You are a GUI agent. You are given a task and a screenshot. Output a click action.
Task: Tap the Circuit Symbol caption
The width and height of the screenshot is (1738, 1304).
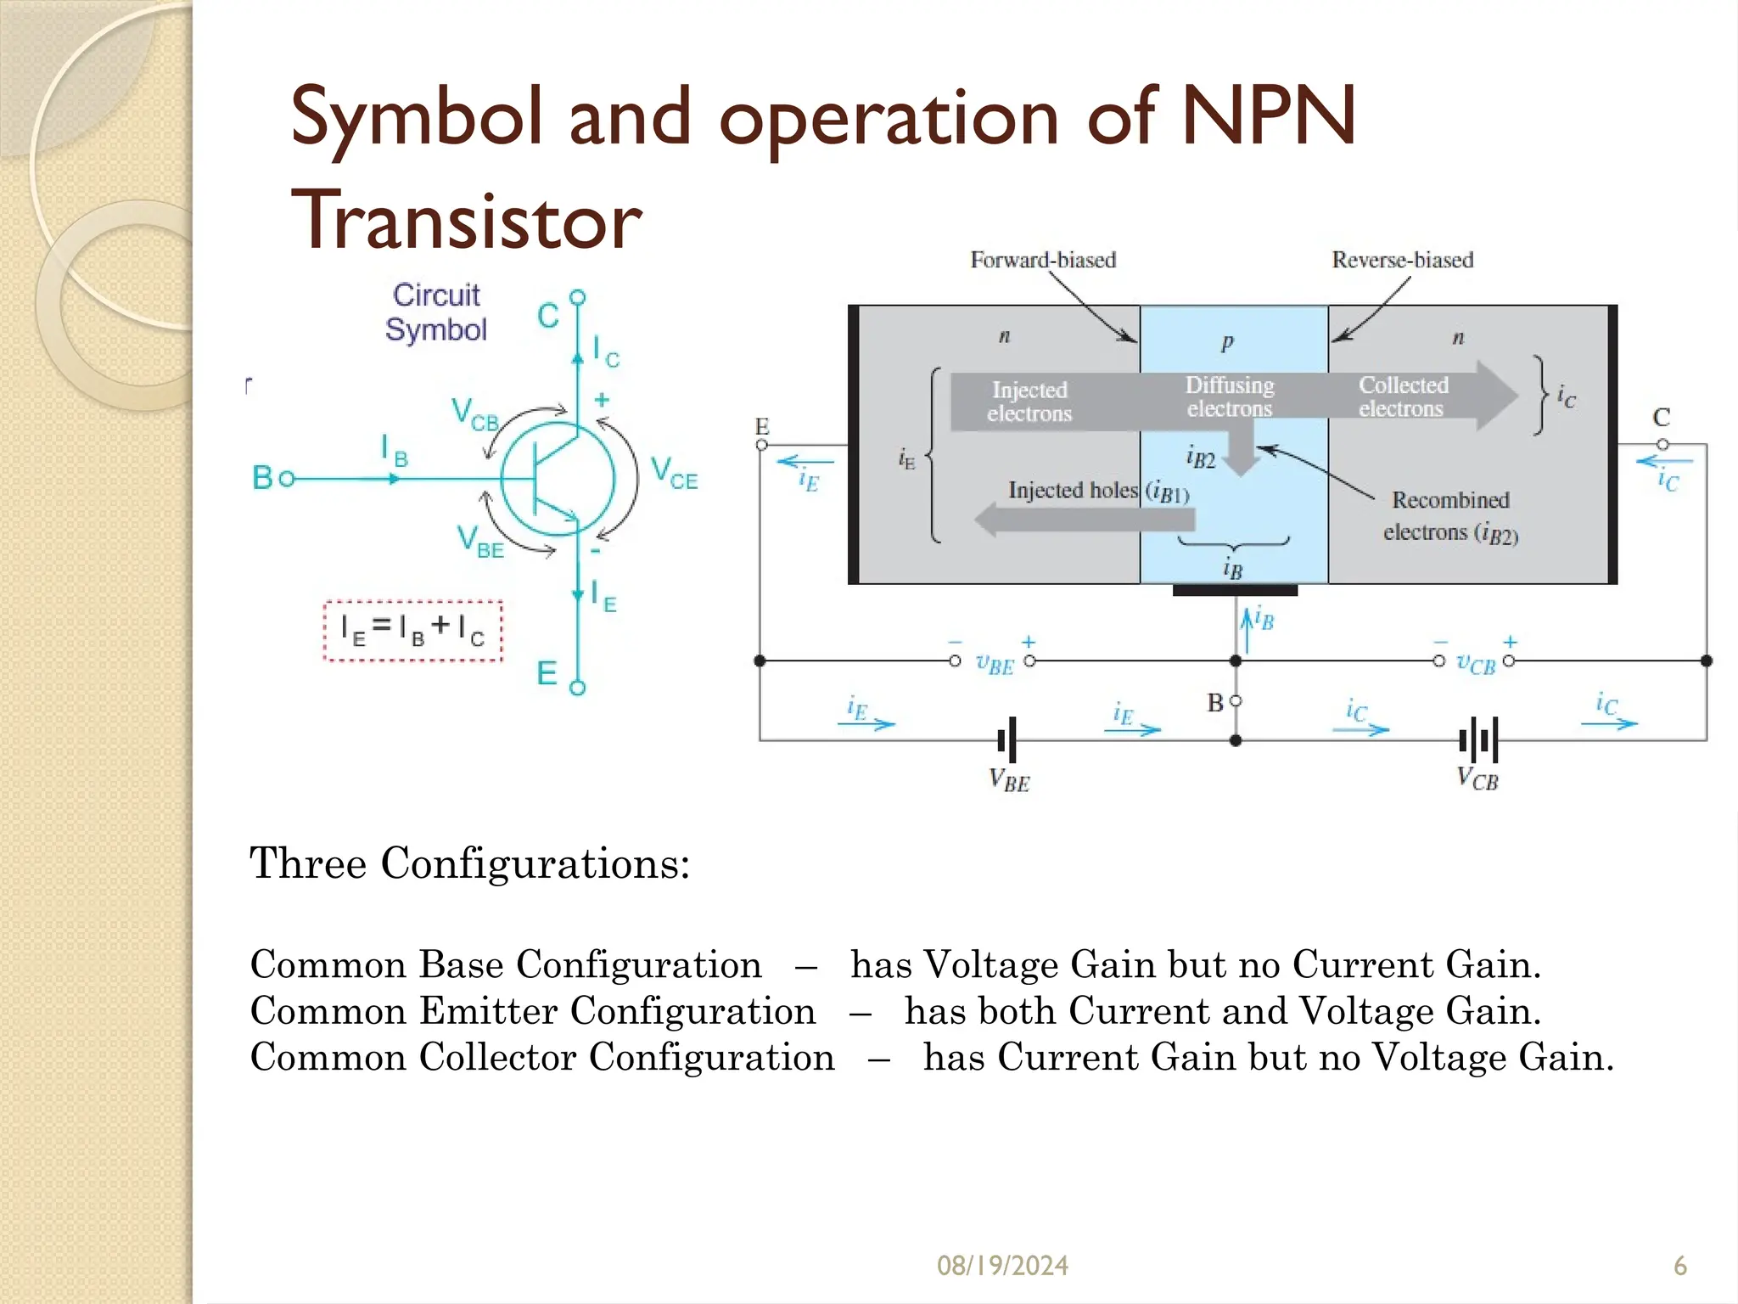point(436,312)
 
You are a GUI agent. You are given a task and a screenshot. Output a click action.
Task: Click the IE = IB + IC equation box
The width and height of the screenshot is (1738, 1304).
point(412,630)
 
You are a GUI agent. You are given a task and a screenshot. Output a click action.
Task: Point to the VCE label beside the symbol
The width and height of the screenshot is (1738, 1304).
point(675,473)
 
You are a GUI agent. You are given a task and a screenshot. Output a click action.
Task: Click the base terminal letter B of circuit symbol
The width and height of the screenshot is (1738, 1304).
point(262,478)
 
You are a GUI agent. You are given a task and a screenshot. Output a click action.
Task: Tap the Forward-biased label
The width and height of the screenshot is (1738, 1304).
point(1043,260)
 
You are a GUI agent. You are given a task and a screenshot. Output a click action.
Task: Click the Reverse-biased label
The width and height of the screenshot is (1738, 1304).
point(1402,260)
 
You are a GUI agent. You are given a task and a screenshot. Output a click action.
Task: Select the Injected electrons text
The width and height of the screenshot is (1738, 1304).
point(1029,402)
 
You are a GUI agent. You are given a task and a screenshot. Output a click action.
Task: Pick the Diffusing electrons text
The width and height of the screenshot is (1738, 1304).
point(1230,396)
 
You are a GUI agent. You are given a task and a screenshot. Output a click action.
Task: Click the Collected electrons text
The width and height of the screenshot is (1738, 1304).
point(1403,396)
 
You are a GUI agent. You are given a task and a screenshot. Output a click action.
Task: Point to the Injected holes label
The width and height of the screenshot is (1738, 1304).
point(1073,490)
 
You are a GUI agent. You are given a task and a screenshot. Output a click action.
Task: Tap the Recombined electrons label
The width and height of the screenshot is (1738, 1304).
point(1450,515)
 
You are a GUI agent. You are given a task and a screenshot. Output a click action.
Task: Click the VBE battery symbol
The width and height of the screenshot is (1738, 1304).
point(1007,740)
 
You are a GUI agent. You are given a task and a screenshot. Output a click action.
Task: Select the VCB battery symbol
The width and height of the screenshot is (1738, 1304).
point(1478,740)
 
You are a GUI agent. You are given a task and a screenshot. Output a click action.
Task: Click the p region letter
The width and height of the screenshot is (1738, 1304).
point(1227,342)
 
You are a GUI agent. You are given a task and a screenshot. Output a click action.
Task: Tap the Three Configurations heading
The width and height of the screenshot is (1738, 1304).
point(469,863)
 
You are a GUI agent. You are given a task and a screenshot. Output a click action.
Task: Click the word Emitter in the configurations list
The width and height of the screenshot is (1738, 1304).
point(488,1011)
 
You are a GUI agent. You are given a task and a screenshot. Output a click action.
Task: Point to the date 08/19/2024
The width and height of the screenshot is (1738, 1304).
point(1002,1266)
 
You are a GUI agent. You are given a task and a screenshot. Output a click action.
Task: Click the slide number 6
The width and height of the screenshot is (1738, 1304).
point(1679,1266)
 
